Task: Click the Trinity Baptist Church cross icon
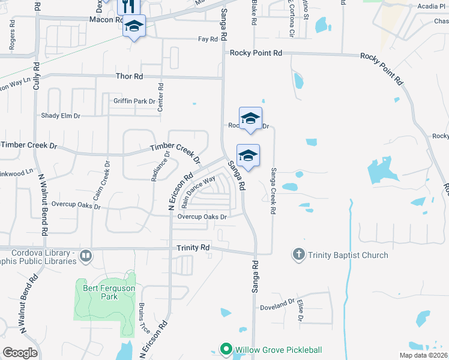pos(298,255)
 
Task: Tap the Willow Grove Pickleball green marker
pos(226,349)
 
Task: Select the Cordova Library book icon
pos(85,257)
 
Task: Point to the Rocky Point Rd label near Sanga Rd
pos(256,54)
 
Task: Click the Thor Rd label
pos(130,77)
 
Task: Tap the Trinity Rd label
pos(193,247)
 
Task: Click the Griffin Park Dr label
pos(134,101)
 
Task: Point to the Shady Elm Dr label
pos(61,116)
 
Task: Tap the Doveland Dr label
pos(277,308)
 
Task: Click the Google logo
pos(20,353)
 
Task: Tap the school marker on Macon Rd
pos(134,27)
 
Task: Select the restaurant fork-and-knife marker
pos(130,7)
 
